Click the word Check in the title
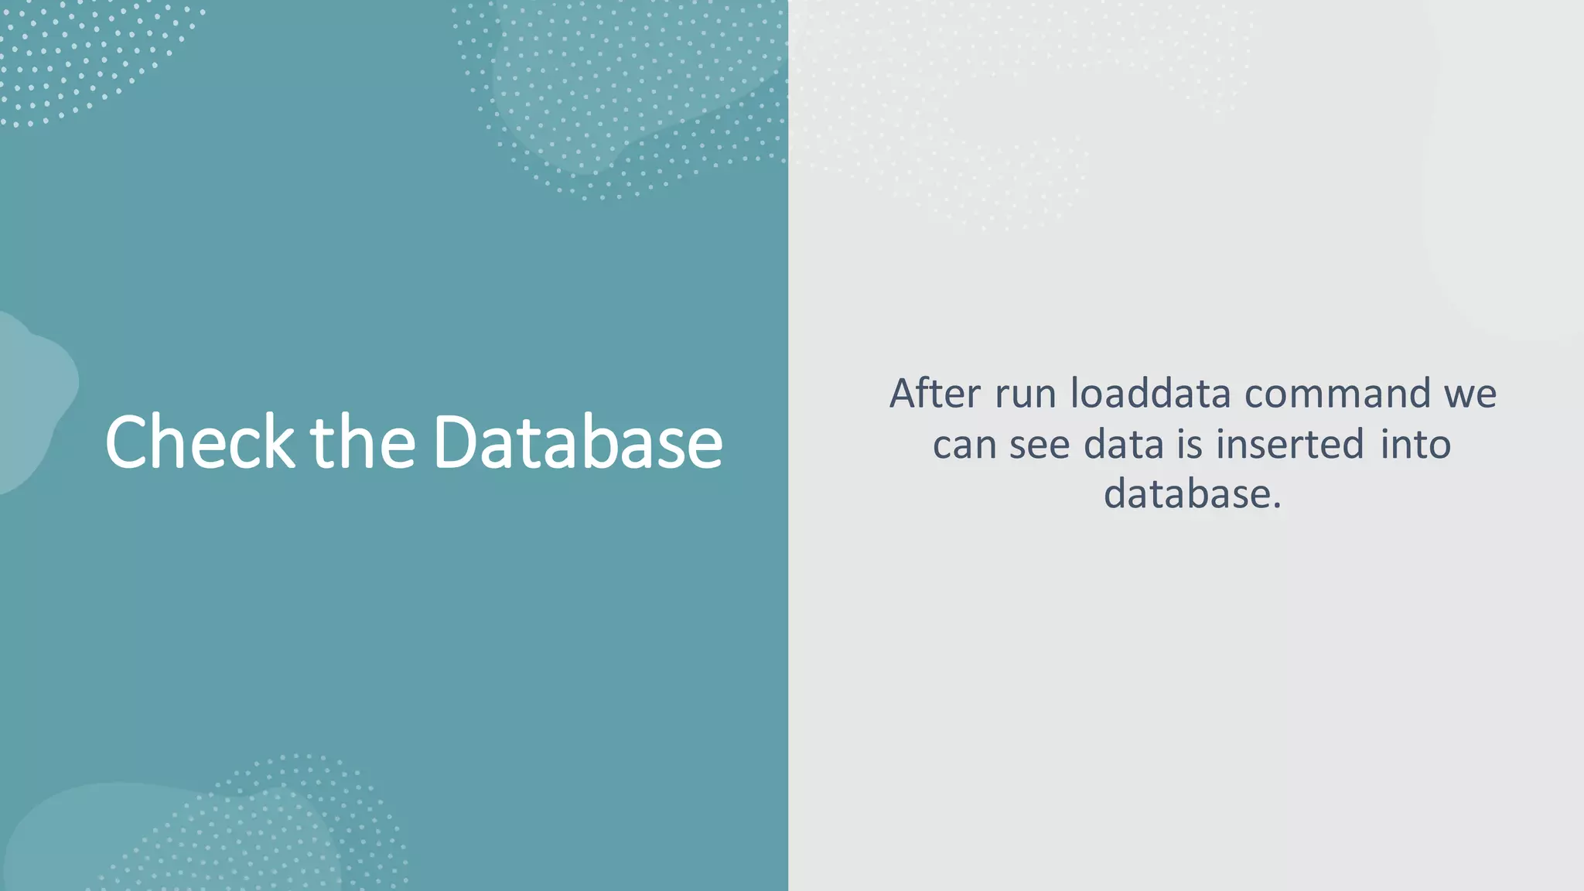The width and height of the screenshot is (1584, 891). (200, 442)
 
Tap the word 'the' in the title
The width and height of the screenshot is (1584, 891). (363, 442)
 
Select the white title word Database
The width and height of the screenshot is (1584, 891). (578, 442)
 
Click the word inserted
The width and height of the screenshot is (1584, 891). (1289, 444)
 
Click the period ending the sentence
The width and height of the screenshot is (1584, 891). (1276, 506)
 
